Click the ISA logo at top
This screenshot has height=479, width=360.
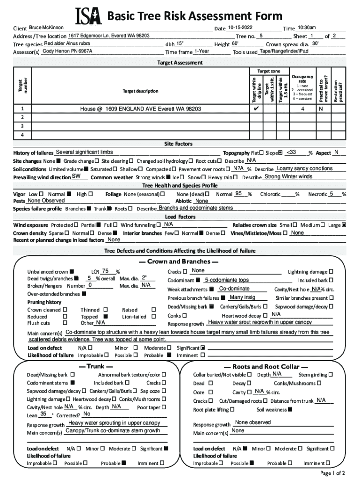pyautogui.click(x=88, y=16)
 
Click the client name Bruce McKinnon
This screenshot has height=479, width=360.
pyautogui.click(x=46, y=28)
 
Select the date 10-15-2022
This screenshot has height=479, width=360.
pyautogui.click(x=241, y=28)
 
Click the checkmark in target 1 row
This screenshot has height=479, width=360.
pyautogui.click(x=256, y=109)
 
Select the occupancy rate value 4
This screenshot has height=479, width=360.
pyautogui.click(x=302, y=109)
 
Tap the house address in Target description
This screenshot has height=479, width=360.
pyautogui.click(x=140, y=109)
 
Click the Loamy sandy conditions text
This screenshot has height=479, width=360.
pyautogui.click(x=304, y=168)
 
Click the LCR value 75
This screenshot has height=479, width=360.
pyautogui.click(x=106, y=271)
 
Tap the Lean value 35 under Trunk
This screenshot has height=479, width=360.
pyautogui.click(x=43, y=414)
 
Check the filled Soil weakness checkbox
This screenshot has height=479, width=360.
pyautogui.click(x=290, y=410)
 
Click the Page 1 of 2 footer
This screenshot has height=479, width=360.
pyautogui.click(x=332, y=473)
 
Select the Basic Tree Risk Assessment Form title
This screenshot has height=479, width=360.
pyautogui.click(x=195, y=16)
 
